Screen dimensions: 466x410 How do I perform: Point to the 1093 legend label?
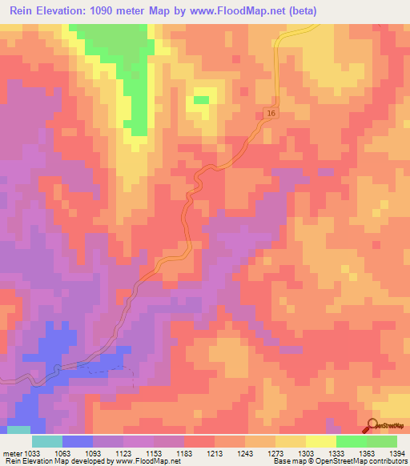click(x=93, y=453)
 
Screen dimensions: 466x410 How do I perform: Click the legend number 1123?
click(x=123, y=453)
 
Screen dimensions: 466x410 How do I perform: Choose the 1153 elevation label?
click(x=154, y=453)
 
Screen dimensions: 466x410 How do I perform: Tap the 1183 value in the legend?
click(x=184, y=453)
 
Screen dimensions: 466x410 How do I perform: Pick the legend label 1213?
click(x=215, y=453)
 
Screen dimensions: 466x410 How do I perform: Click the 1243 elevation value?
click(x=245, y=453)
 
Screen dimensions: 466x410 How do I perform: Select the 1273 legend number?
click(x=275, y=453)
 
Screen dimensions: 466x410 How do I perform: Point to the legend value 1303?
click(x=306, y=453)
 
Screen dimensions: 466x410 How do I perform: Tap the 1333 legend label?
click(x=336, y=453)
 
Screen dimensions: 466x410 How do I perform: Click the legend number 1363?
click(x=367, y=453)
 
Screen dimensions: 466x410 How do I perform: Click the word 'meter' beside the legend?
click(x=11, y=453)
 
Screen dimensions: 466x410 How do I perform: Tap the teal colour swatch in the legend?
click(x=46, y=441)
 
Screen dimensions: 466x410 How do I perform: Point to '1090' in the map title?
click(x=108, y=11)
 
